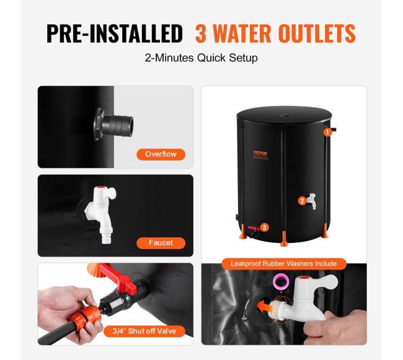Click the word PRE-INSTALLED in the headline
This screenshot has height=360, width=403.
click(x=114, y=33)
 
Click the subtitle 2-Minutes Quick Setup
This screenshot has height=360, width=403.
click(x=201, y=58)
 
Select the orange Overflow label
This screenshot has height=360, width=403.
click(x=161, y=154)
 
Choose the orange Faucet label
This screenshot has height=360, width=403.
click(x=161, y=243)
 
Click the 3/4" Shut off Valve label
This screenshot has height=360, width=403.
click(x=144, y=331)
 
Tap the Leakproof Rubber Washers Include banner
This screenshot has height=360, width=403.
click(x=284, y=264)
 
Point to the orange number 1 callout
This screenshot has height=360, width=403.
click(x=327, y=133)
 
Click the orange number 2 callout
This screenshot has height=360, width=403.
click(x=303, y=201)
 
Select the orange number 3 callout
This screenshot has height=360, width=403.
click(x=265, y=227)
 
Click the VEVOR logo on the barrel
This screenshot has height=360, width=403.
click(x=260, y=153)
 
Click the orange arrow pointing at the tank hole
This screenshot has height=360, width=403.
click(x=265, y=307)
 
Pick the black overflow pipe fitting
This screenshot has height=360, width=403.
click(x=113, y=124)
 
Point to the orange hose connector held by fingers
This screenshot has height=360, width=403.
click(x=84, y=317)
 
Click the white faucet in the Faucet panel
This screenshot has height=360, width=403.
click(x=101, y=214)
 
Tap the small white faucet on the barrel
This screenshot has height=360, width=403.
click(x=311, y=201)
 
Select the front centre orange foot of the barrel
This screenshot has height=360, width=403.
click(x=284, y=239)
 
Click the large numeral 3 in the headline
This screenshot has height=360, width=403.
click(x=201, y=33)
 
